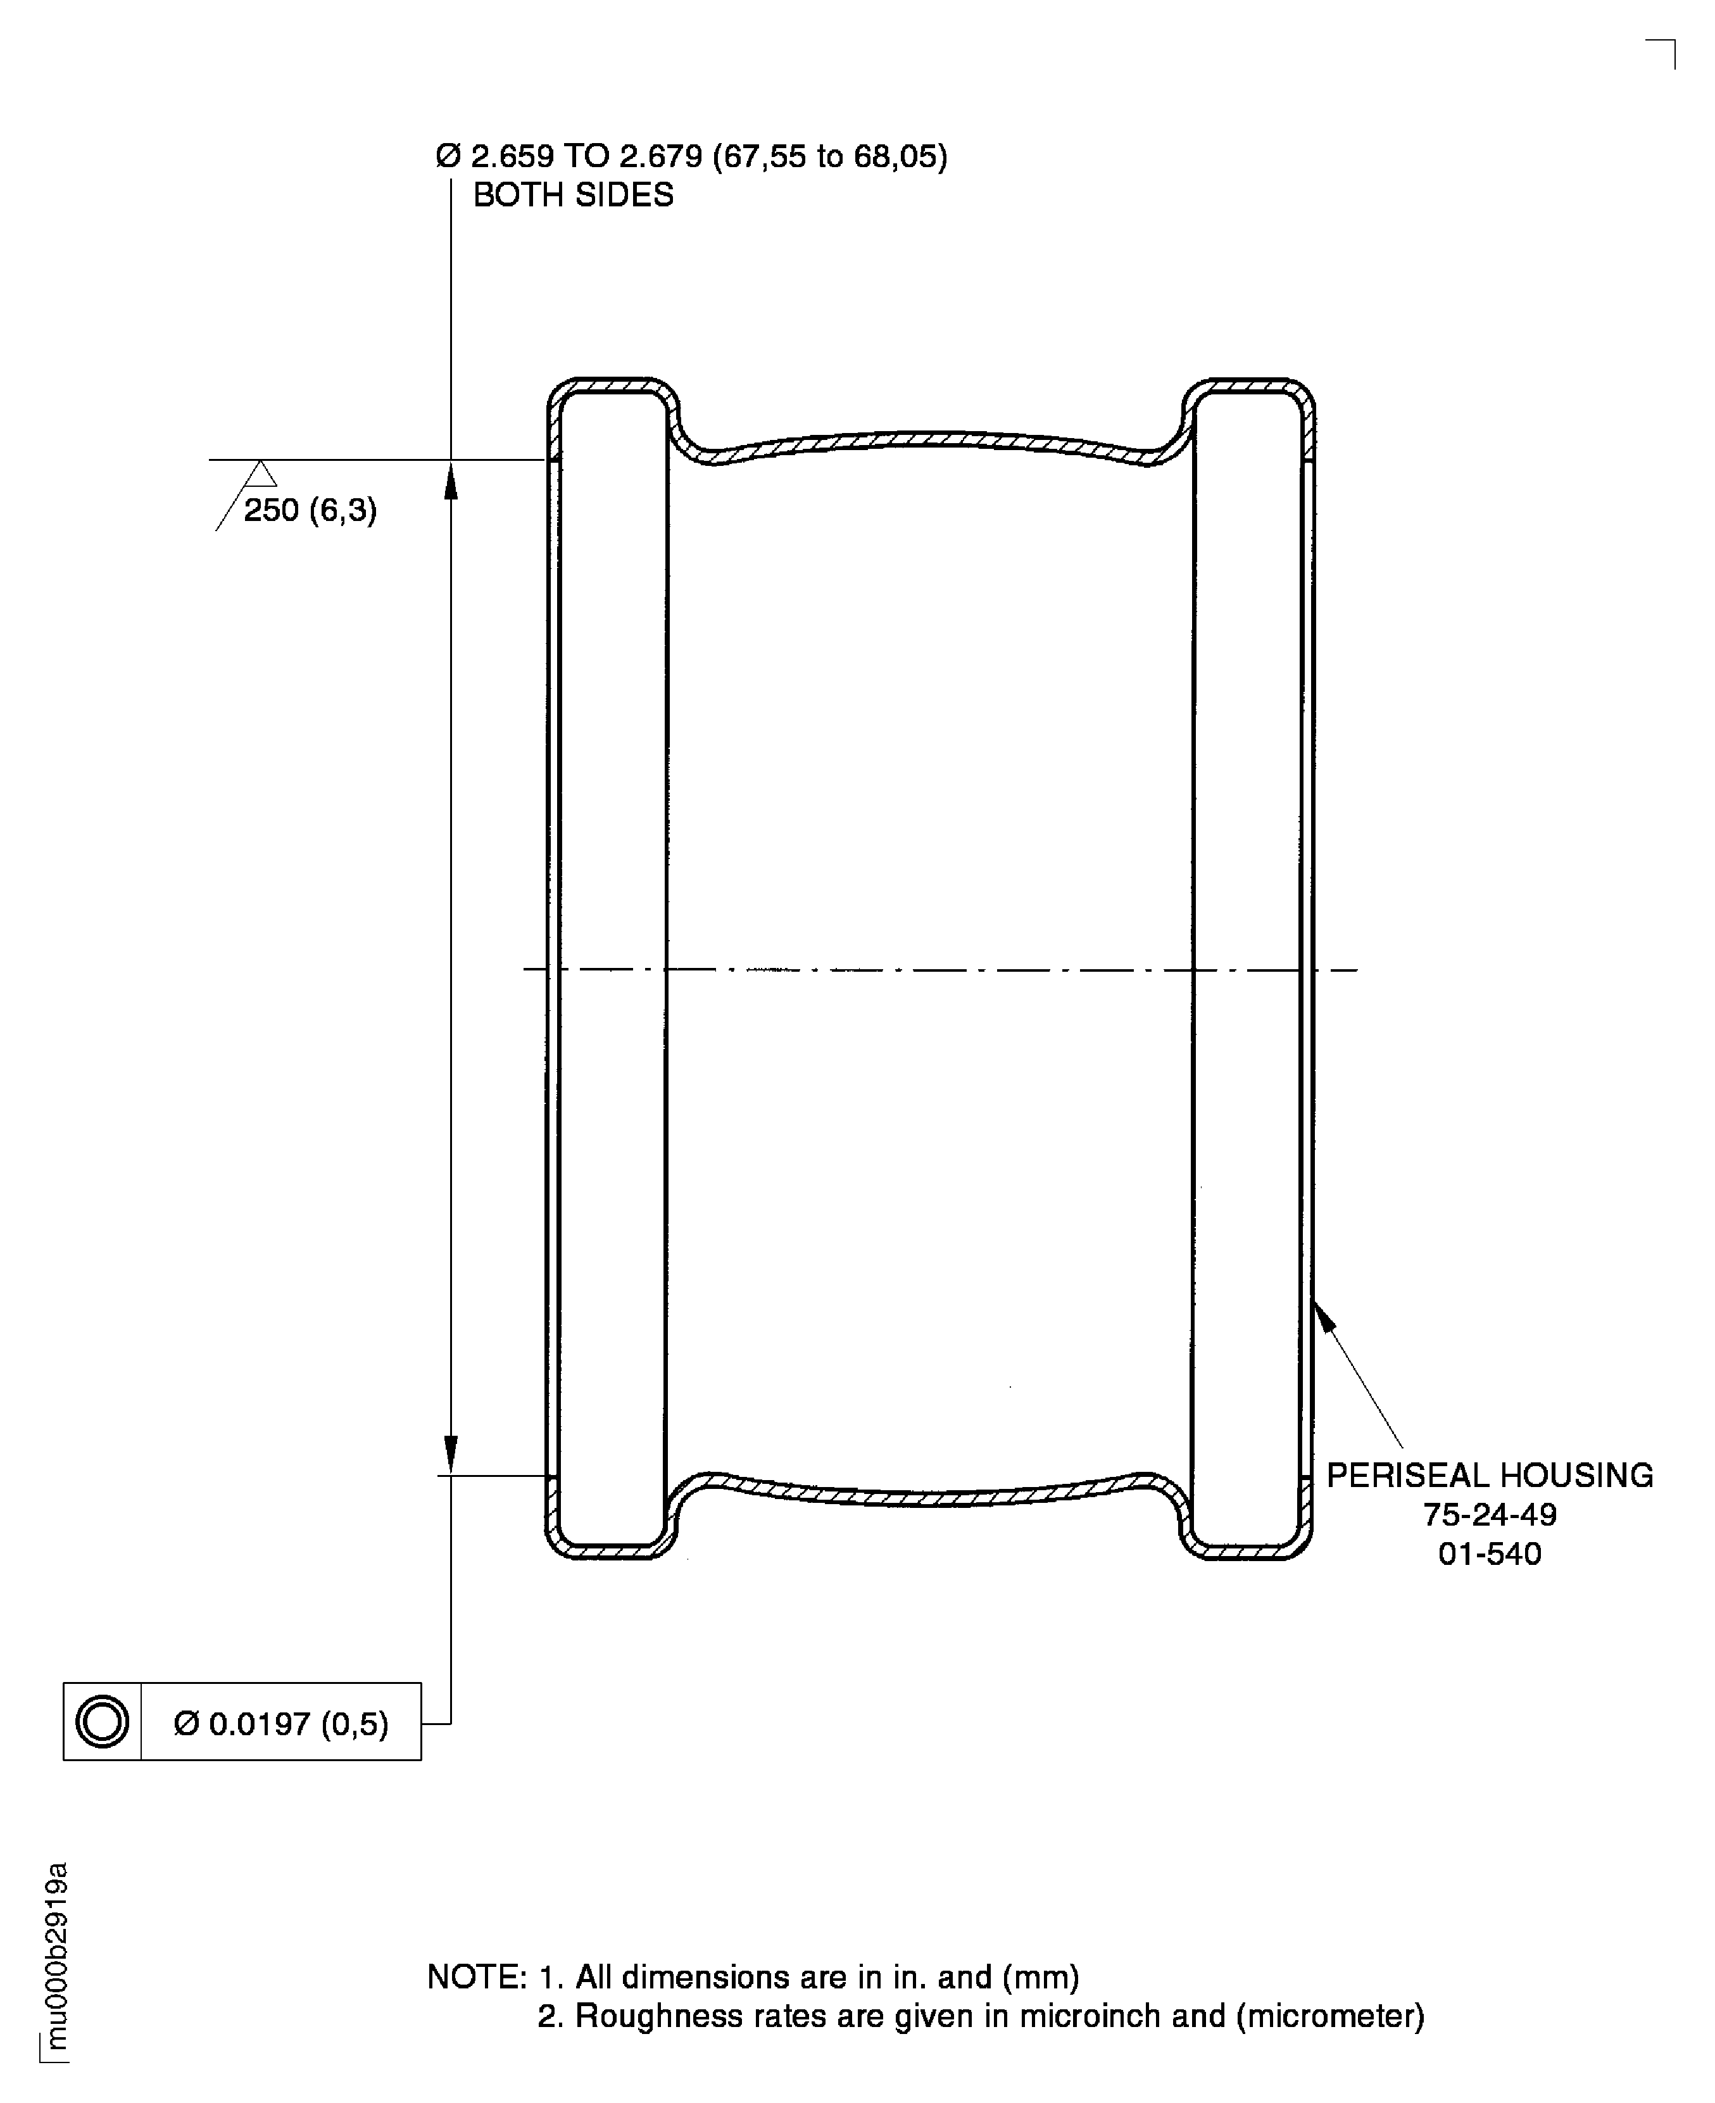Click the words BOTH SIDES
point(573,194)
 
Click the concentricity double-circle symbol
point(102,1723)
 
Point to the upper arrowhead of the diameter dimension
point(451,481)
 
